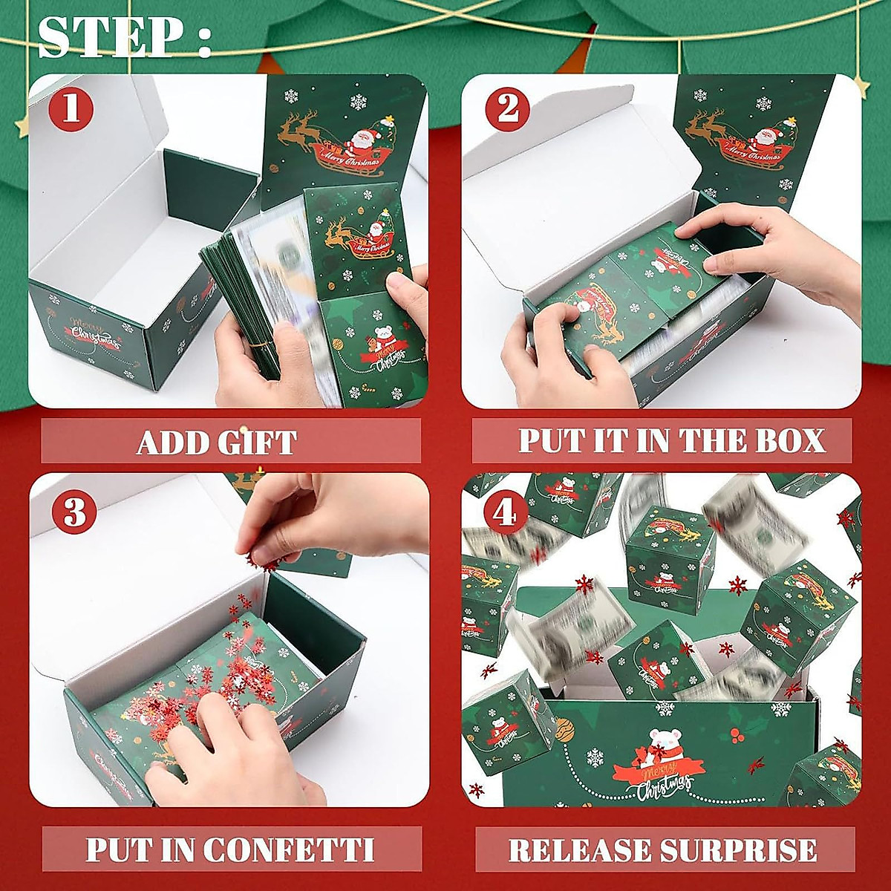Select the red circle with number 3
(74, 512)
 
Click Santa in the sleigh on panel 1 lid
(361, 142)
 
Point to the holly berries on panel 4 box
(738, 736)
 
